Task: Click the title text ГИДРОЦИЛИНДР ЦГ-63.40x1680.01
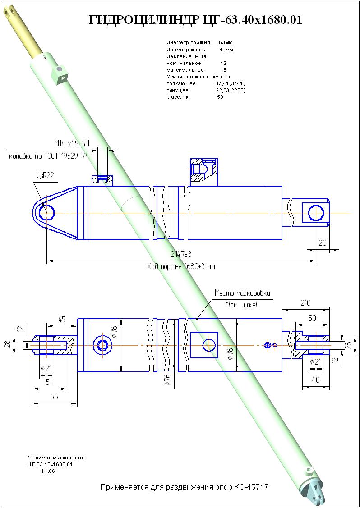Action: coord(195,20)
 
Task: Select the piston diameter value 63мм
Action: coord(226,42)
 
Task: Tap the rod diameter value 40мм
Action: coord(226,50)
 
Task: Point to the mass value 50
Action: coord(220,97)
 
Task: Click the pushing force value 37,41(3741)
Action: coord(230,83)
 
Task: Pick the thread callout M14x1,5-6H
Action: coord(72,144)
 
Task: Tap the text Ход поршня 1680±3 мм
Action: coord(181,266)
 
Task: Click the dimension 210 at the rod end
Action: coord(305,302)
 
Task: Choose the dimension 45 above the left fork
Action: coord(62,320)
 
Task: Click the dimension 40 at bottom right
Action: coord(316,380)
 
